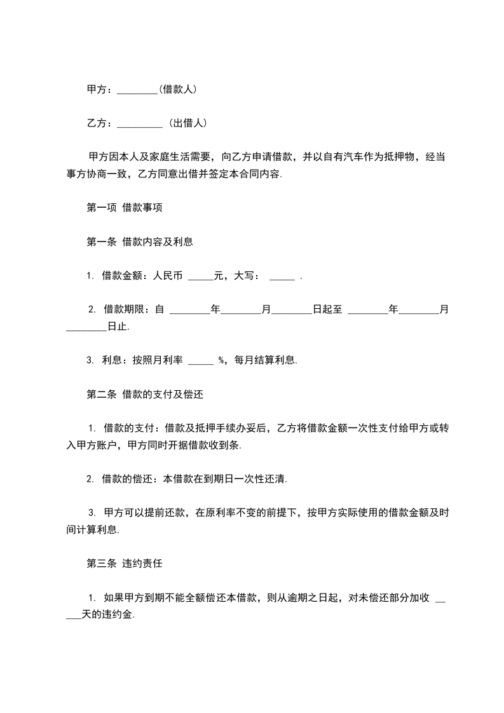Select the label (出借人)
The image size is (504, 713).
[x=187, y=123]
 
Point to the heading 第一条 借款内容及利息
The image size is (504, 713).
[x=139, y=241]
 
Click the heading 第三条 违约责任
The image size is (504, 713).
[x=126, y=563]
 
